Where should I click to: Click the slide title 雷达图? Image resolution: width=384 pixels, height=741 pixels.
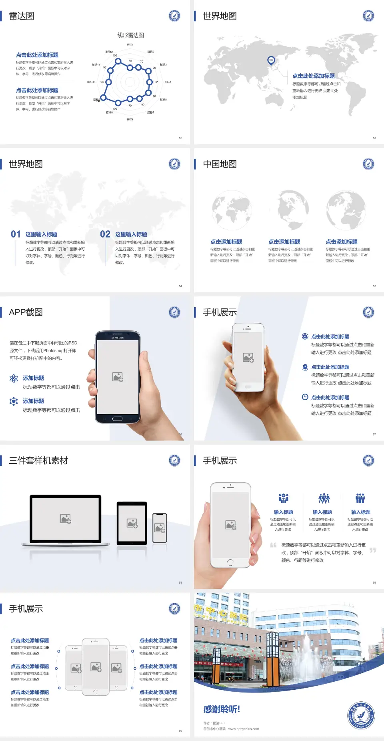coord(22,16)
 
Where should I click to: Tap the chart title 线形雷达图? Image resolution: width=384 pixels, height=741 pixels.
coord(130,35)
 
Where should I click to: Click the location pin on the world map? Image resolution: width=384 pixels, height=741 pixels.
coord(271,60)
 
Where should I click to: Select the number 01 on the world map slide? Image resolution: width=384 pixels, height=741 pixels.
coord(16,234)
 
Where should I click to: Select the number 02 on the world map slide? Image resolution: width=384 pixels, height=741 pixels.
coord(105,234)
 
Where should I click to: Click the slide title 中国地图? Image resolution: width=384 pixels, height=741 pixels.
coord(220,164)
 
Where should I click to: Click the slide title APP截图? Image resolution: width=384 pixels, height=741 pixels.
coord(26,312)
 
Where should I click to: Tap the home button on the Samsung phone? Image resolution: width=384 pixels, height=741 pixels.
coord(117,419)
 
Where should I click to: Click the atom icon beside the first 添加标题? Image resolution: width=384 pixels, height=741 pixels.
coord(14,379)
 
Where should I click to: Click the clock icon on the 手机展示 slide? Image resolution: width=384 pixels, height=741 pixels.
coord(305,397)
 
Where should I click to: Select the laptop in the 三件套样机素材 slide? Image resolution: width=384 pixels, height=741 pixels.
coord(66,520)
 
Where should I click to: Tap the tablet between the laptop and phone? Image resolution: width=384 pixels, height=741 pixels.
coord(132,523)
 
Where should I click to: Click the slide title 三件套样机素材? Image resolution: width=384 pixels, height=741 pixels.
coord(38,461)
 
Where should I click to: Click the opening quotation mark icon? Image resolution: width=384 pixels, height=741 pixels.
coord(273,545)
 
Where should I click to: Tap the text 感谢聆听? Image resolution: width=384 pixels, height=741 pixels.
coord(222,709)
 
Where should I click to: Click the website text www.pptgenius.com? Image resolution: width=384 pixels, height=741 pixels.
coord(244,729)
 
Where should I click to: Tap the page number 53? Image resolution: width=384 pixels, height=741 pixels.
coord(374,138)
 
